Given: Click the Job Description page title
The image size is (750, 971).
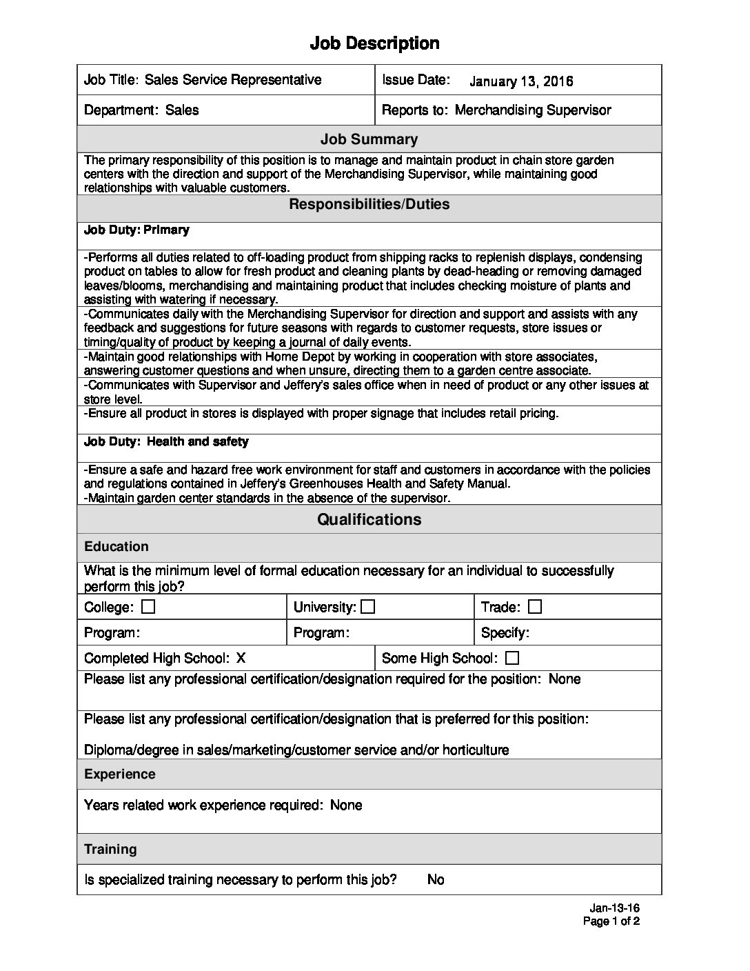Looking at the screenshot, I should tap(374, 43).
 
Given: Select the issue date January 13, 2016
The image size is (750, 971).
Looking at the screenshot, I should tap(521, 81).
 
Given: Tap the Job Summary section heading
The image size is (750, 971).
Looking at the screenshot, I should tap(369, 139).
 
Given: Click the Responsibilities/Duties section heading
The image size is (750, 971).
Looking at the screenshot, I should tap(369, 204).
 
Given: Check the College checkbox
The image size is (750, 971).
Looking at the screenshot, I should tap(148, 607).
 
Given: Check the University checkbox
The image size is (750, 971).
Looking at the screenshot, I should tap(368, 607).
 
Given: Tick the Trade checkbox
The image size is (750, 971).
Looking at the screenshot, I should tap(535, 607).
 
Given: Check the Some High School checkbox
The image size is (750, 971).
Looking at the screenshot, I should tap(512, 658).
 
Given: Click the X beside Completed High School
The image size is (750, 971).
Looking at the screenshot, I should tap(241, 658).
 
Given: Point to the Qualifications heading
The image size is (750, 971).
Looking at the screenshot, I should tap(369, 519).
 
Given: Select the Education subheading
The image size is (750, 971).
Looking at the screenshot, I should tap(116, 547).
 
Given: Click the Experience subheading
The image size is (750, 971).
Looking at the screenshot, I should tap(120, 774).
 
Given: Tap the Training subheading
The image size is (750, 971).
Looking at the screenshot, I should tap(110, 849).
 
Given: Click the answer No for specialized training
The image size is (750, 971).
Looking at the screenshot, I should tap(436, 879).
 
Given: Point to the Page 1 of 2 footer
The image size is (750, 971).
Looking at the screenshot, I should tap(611, 921).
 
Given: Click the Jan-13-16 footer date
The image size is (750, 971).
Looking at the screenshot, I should tap(615, 908).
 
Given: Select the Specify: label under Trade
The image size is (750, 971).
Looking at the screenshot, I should tap(505, 632).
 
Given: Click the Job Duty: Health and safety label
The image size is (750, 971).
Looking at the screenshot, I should tap(166, 441).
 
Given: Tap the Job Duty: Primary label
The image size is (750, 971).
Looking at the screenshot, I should tap(136, 230).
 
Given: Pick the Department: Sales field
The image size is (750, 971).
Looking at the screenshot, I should tap(141, 110).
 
